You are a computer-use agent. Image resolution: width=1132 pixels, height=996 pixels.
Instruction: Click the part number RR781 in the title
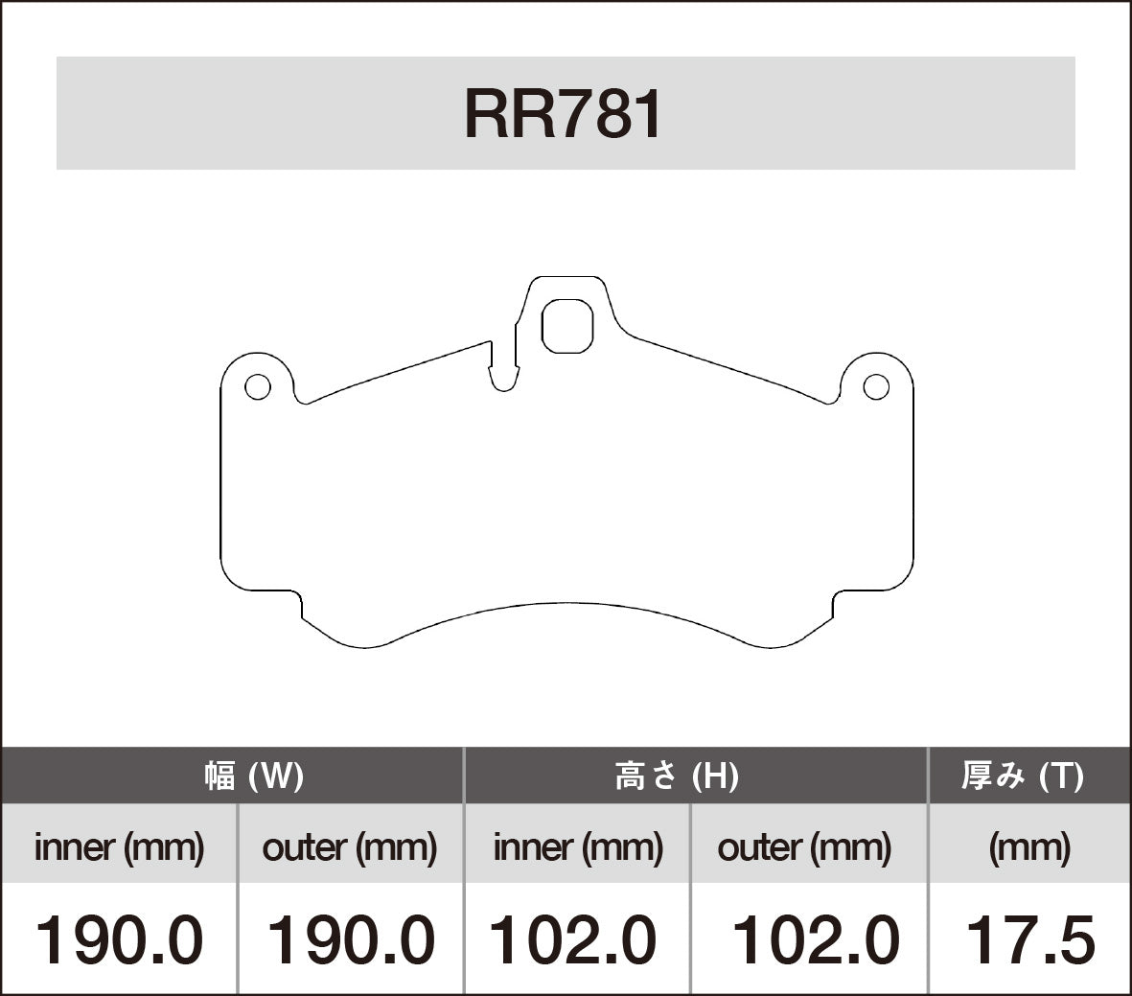[x=564, y=115]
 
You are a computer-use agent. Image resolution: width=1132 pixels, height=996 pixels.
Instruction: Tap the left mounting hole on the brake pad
[x=257, y=387]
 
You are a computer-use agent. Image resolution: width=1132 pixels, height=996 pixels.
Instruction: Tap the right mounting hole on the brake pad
[x=875, y=386]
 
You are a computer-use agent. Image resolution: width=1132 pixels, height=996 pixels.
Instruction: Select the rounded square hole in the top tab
[x=567, y=326]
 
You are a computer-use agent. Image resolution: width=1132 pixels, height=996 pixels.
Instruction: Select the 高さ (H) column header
[x=676, y=776]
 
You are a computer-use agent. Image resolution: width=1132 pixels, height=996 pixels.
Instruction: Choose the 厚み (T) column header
[x=1023, y=776]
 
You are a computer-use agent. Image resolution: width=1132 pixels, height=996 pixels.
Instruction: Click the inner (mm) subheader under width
[x=119, y=846]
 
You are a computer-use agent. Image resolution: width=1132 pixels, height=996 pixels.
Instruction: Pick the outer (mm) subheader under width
[x=350, y=846]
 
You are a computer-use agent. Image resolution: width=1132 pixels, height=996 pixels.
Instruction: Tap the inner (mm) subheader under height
[x=578, y=846]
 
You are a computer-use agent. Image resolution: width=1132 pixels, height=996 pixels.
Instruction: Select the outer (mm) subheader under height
[x=804, y=846]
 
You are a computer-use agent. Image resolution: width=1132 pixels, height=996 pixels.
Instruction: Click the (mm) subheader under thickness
[x=1029, y=846]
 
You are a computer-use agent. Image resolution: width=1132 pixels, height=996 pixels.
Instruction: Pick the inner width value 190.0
[x=119, y=939]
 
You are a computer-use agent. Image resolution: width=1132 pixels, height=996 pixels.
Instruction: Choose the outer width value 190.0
[x=350, y=939]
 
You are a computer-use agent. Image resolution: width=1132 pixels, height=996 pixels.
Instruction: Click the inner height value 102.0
[x=573, y=939]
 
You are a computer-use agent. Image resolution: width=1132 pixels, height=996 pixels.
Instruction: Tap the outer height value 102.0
[x=816, y=939]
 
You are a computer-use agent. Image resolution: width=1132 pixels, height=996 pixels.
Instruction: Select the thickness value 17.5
[x=1029, y=939]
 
